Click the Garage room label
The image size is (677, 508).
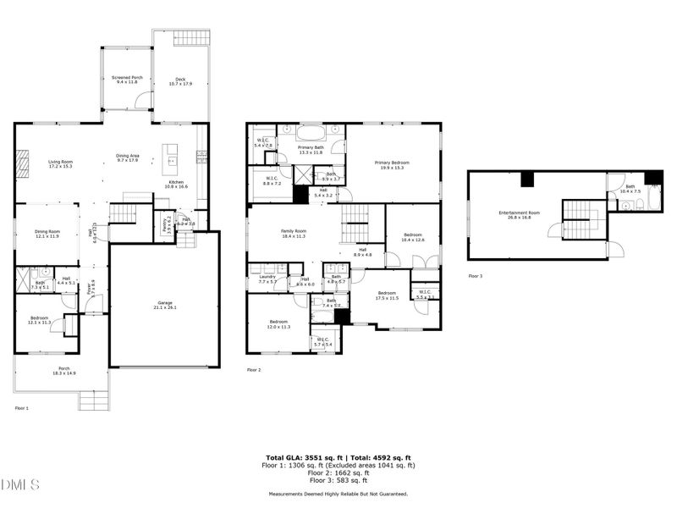click(x=165, y=305)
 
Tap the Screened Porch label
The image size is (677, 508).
click(x=128, y=80)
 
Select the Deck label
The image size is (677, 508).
click(x=180, y=81)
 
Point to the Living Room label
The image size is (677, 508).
click(x=60, y=163)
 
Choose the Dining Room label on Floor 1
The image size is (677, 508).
click(x=47, y=234)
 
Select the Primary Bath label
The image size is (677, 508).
click(x=311, y=150)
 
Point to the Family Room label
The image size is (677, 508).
click(x=294, y=233)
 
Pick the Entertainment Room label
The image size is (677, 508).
click(x=520, y=214)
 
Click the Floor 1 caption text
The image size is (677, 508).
click(x=22, y=408)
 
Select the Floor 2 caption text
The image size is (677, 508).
click(x=254, y=370)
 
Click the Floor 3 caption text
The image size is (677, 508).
click(x=476, y=276)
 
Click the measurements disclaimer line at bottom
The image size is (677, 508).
click(x=338, y=494)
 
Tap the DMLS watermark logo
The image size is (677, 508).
click(x=20, y=485)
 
